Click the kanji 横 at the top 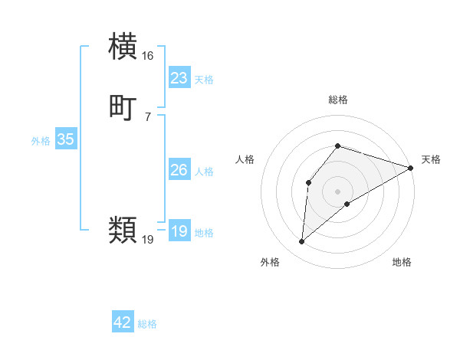coord(123,47)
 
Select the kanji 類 coord(123,229)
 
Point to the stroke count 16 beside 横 coord(148,56)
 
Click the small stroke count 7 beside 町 coord(147,116)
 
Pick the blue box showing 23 coord(179,78)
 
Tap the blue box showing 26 coord(179,170)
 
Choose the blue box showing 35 coord(65,139)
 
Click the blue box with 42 coord(123,323)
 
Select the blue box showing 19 coord(179,231)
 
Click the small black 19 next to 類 coord(148,239)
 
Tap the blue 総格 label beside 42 coord(147,325)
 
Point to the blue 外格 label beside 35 coord(41,141)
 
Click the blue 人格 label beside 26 coord(204,172)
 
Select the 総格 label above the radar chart coord(338,100)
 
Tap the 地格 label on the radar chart coord(402,263)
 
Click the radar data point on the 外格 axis coord(301,242)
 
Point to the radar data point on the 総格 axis coord(338,146)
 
